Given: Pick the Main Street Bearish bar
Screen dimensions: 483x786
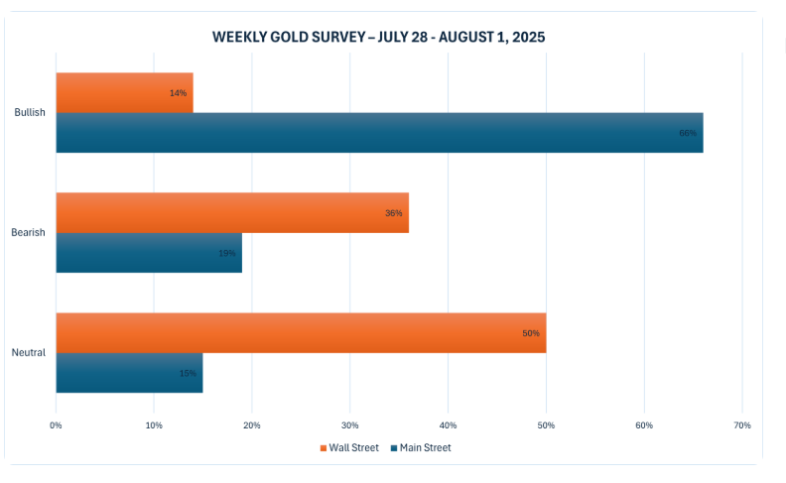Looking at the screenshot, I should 149,253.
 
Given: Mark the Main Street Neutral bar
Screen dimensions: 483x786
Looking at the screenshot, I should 129,373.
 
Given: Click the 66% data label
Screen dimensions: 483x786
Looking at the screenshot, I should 688,133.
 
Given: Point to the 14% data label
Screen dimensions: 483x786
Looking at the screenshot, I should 179,93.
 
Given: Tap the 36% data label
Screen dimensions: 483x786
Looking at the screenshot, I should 394,213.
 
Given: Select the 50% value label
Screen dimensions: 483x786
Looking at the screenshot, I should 531,333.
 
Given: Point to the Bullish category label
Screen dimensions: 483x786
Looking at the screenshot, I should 30,112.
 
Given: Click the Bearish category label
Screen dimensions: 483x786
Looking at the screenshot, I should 29,232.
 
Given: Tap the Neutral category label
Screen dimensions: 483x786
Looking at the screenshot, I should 29,353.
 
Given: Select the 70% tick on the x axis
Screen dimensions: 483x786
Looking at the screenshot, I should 741,425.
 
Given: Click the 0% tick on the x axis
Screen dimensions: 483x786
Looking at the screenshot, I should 57,425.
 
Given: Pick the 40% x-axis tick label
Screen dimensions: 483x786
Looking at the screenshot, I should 448,425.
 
